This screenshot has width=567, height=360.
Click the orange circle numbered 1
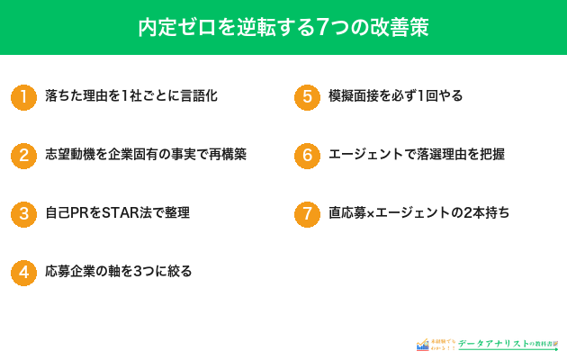click(23, 96)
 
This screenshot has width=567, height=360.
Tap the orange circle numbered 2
click(23, 155)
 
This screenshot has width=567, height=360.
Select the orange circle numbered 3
click(23, 214)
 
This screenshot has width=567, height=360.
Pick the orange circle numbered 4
click(23, 273)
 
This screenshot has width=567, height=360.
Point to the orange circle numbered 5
click(307, 96)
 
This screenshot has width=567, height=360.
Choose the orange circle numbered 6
click(307, 155)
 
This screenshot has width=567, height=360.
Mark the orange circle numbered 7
click(307, 214)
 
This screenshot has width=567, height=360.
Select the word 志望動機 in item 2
click(72, 155)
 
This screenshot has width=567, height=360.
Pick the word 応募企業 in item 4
click(72, 272)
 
